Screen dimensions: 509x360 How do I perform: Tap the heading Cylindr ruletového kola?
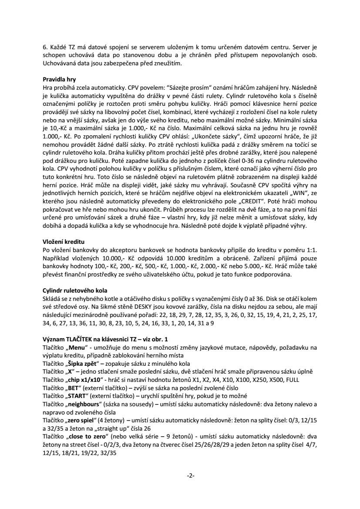(x=74, y=290)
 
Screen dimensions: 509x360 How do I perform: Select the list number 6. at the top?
(x=45, y=47)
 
